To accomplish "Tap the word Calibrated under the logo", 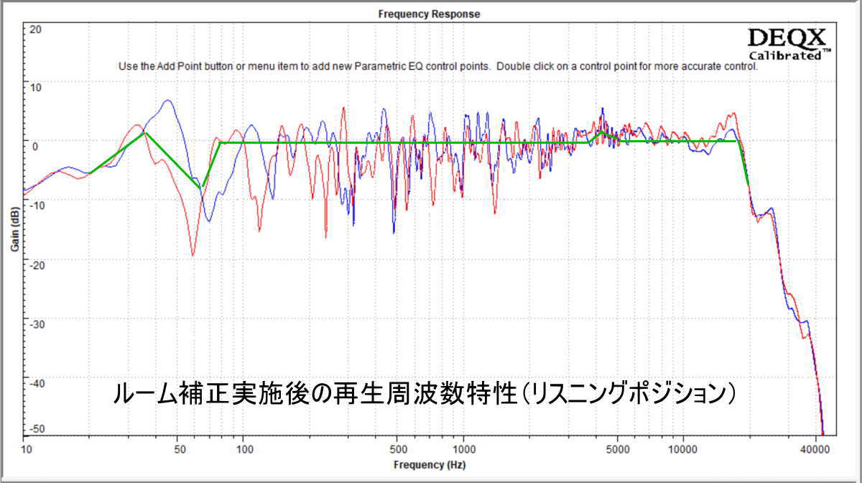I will (786, 55).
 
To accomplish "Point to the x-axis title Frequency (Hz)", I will (430, 465).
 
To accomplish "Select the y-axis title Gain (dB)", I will (14, 229).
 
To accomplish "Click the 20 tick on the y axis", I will (36, 30).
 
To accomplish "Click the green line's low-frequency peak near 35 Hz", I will (145, 133).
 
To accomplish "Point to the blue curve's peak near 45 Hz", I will (167, 101).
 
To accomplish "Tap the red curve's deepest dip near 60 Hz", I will (193, 254).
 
